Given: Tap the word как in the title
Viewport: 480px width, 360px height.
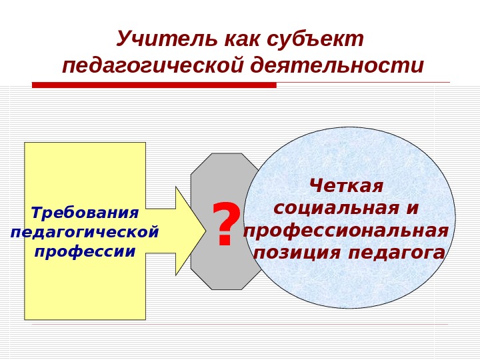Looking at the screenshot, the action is [x=241, y=40].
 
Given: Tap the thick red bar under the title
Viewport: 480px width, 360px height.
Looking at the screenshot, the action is [x=153, y=85].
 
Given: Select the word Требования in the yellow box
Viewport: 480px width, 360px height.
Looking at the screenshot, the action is [x=85, y=213].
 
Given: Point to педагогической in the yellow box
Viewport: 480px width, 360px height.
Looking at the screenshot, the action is [x=85, y=233].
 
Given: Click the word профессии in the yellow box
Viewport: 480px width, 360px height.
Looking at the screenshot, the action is [x=85, y=253].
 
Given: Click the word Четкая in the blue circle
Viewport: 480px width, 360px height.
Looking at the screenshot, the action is [x=347, y=185].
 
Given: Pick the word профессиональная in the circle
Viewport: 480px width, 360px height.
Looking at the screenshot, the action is [x=347, y=231].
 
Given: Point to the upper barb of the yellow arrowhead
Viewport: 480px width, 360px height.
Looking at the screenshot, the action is [x=177, y=189].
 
